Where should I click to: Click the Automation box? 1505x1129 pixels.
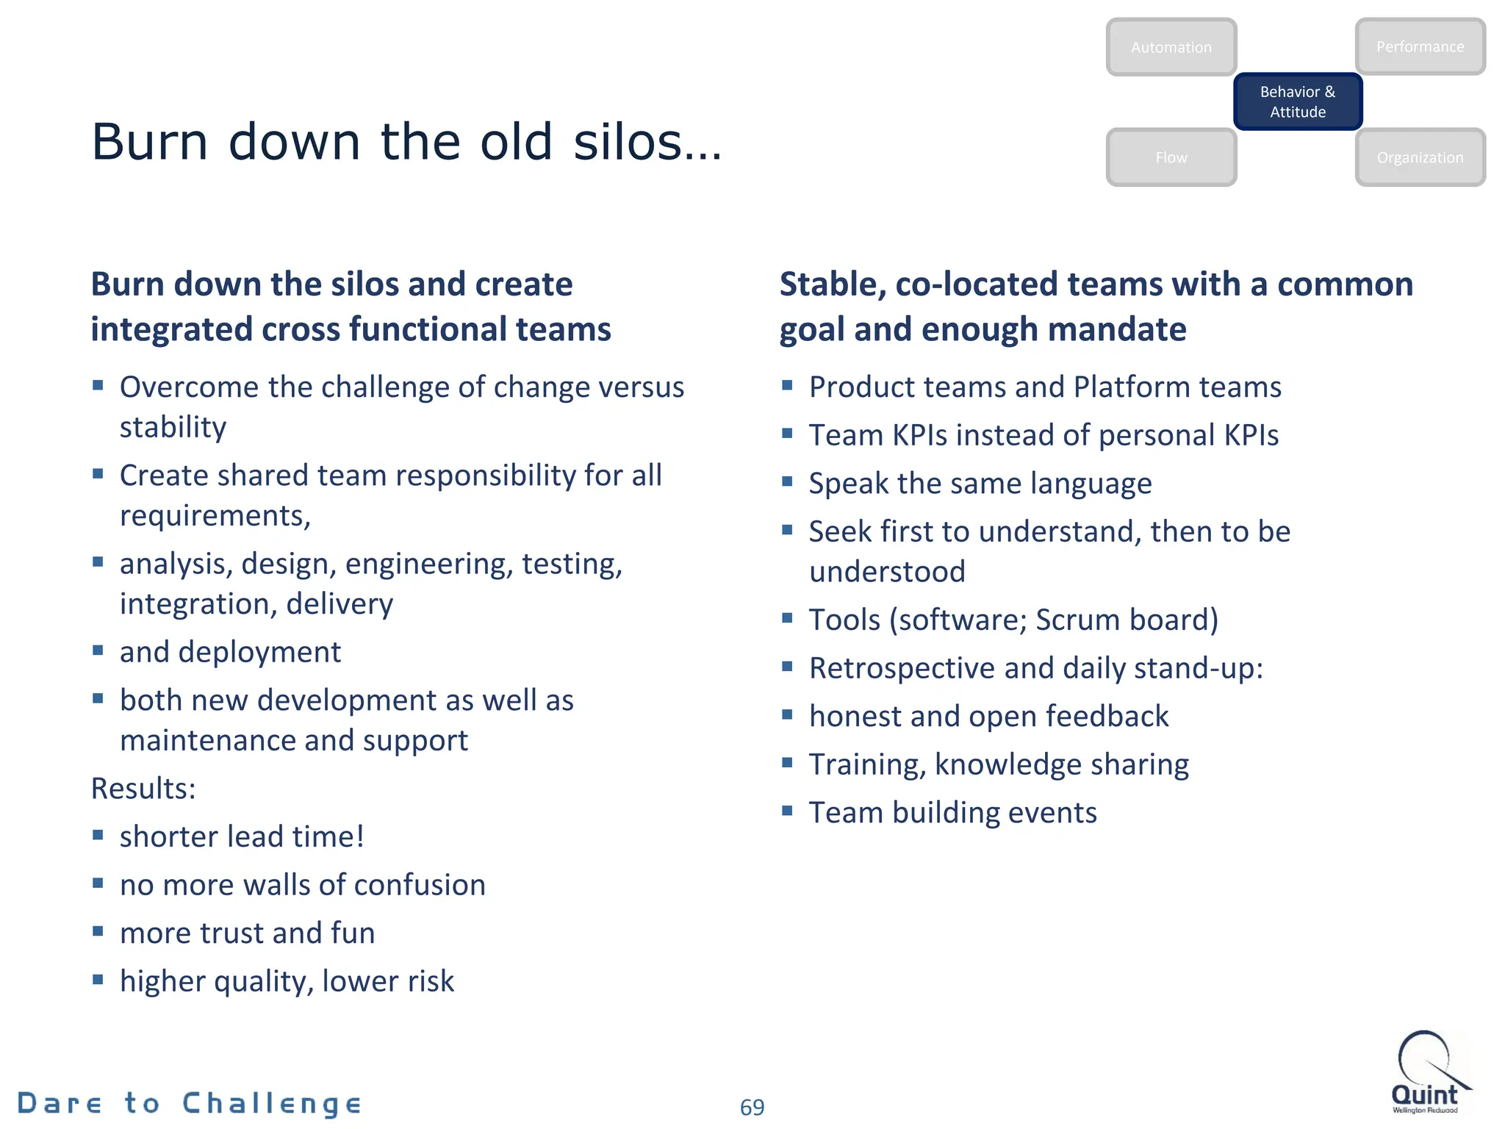point(1171,47)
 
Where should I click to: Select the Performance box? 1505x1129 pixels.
point(1420,46)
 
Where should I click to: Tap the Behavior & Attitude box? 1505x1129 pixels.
point(1298,101)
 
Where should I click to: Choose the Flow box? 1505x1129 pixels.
point(1171,157)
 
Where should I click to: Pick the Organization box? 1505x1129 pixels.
point(1420,157)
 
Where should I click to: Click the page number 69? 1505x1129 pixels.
point(752,1107)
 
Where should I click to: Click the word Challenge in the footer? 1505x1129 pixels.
point(272,1104)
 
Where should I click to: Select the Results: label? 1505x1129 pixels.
point(143,789)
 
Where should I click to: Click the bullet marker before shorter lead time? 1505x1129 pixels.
point(98,834)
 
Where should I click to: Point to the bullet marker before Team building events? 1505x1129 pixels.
point(787,811)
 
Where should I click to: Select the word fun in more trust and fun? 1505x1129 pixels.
point(353,933)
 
